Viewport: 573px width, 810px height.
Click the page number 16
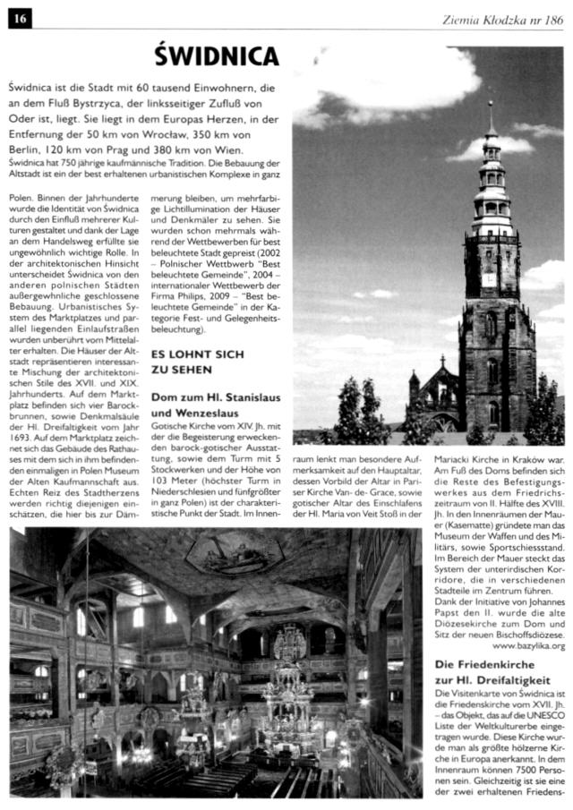pyautogui.click(x=18, y=17)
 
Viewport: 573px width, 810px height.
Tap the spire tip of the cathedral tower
pyautogui.click(x=490, y=107)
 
